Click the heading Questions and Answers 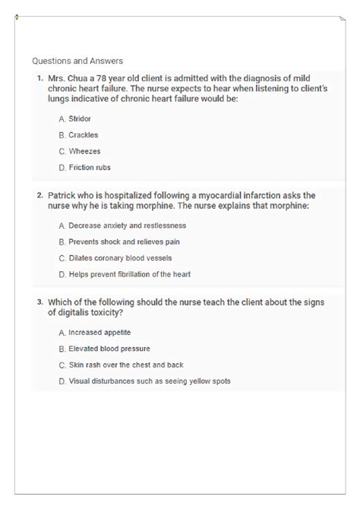click(x=77, y=61)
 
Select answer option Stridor click(x=79, y=119)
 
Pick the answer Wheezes click(x=84, y=151)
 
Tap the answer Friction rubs click(x=89, y=167)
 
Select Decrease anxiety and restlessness click(x=126, y=226)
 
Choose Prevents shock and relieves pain click(x=123, y=242)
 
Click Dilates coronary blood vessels click(x=119, y=258)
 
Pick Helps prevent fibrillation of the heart click(x=129, y=273)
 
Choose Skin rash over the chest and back click(x=125, y=365)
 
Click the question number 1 click(x=39, y=77)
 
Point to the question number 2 click(x=39, y=194)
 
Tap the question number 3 click(x=39, y=301)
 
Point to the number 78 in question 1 click(x=107, y=77)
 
